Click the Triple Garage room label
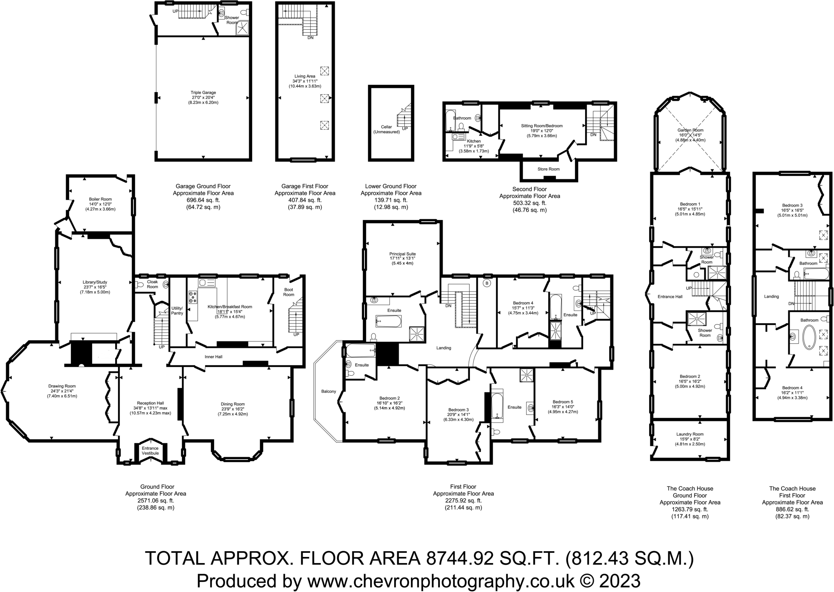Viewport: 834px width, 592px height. pyautogui.click(x=203, y=93)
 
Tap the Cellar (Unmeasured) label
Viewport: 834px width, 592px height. pyautogui.click(x=386, y=129)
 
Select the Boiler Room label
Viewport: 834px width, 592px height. pyautogui.click(x=100, y=199)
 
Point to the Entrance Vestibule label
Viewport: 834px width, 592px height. pyautogui.click(x=150, y=451)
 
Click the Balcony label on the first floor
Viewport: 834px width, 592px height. pyautogui.click(x=329, y=392)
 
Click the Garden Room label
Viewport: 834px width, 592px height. pyautogui.click(x=690, y=130)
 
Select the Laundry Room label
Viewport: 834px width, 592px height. pyautogui.click(x=690, y=434)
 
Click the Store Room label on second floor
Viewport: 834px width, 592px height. pyautogui.click(x=548, y=169)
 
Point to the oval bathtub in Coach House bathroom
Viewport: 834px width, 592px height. pyautogui.click(x=809, y=337)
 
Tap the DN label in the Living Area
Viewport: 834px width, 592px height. pyautogui.click(x=310, y=38)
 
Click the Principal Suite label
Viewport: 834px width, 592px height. pyautogui.click(x=402, y=254)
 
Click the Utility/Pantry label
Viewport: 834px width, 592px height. pyautogui.click(x=177, y=310)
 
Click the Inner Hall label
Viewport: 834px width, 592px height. pyautogui.click(x=213, y=357)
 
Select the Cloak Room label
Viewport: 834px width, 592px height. pyautogui.click(x=152, y=284)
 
